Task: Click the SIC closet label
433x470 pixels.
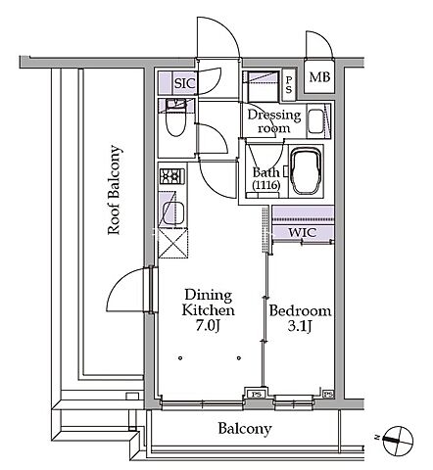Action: (x=185, y=83)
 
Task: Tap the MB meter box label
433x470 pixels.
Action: (x=319, y=77)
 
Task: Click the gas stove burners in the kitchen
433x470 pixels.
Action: (x=172, y=176)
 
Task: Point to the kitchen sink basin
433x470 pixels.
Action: (x=173, y=213)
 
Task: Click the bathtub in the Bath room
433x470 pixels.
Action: (x=306, y=171)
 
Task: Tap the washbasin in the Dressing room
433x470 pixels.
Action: (x=315, y=121)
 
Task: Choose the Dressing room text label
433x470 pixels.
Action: (x=274, y=121)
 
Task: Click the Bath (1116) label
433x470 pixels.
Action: (x=266, y=178)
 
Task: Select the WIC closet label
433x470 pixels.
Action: (x=303, y=233)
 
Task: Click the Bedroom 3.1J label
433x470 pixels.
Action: (x=300, y=318)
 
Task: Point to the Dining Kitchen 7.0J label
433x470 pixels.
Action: (x=208, y=310)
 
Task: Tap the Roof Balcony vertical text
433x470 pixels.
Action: (x=115, y=190)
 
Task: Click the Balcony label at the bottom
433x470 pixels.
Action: (x=245, y=429)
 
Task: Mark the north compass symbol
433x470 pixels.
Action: (x=398, y=441)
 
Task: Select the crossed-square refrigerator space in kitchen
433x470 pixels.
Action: (x=172, y=244)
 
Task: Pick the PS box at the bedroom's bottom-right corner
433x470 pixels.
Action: (x=328, y=395)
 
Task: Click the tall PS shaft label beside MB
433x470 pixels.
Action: (x=289, y=84)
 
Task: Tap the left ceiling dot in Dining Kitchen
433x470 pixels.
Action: (x=180, y=358)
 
